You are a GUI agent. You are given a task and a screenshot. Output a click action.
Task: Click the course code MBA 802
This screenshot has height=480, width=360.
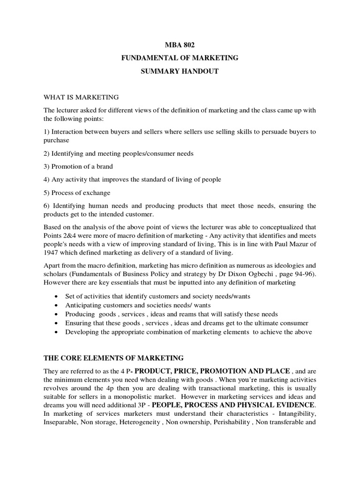pos(180,45)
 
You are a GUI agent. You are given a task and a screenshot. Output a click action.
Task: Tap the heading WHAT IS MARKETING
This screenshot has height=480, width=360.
pos(81,97)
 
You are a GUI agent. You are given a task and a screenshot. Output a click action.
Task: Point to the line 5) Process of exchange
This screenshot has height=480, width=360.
pos(74,193)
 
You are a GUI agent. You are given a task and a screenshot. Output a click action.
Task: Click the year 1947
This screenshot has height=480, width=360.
pos(51,253)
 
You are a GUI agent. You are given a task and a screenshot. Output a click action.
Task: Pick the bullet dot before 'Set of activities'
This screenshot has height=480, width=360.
pos(57,297)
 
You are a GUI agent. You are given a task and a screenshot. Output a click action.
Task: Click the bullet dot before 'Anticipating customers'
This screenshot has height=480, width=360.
pos(57,306)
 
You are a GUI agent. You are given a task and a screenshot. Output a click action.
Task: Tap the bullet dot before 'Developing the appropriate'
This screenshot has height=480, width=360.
pos(57,332)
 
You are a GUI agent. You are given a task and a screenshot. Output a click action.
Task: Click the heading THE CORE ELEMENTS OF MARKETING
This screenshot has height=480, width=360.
pos(113,358)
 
